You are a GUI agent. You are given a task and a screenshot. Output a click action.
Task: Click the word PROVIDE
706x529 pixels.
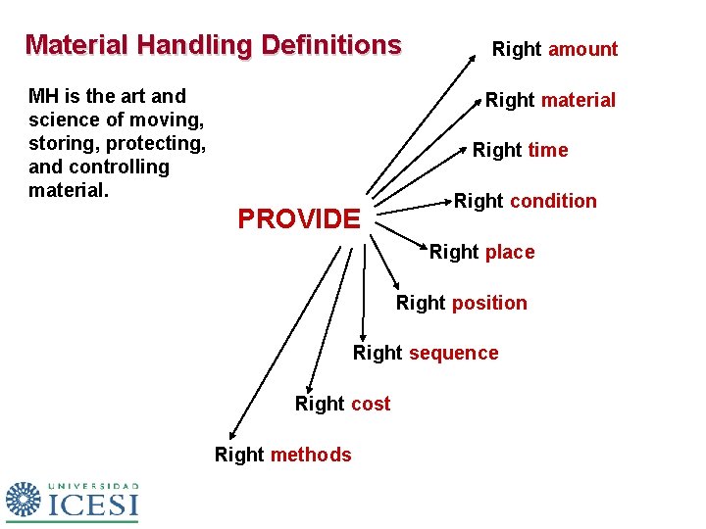click(299, 218)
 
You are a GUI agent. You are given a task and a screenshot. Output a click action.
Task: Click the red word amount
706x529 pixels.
click(582, 49)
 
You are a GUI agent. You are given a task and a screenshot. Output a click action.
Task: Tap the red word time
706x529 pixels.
click(547, 150)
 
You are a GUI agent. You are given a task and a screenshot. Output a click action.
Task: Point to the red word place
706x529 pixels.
click(510, 252)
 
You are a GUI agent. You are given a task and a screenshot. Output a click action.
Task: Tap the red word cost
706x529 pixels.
click(370, 404)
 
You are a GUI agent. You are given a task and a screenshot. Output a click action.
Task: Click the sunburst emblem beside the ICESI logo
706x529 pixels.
click(25, 500)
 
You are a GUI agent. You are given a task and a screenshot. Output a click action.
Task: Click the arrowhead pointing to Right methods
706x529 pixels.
click(231, 437)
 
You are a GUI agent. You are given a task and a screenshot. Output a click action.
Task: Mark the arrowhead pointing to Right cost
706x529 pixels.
click(309, 387)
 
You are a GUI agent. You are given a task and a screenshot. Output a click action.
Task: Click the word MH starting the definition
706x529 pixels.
click(43, 96)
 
